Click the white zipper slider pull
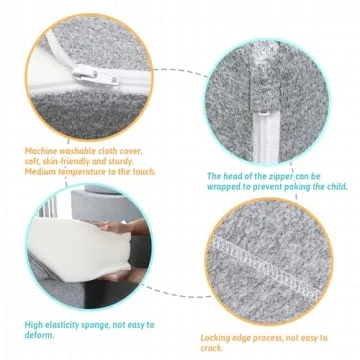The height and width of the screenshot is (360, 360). pyautogui.click(x=96, y=75)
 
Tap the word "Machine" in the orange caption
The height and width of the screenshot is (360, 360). pyautogui.click(x=40, y=151)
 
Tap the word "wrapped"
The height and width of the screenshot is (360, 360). pyautogui.click(x=222, y=187)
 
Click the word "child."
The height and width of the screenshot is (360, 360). pyautogui.click(x=336, y=187)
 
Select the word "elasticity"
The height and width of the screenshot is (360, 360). pyautogui.click(x=63, y=325)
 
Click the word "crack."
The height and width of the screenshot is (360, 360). pyautogui.click(x=212, y=348)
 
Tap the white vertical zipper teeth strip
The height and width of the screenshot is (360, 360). pyautogui.click(x=266, y=137)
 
